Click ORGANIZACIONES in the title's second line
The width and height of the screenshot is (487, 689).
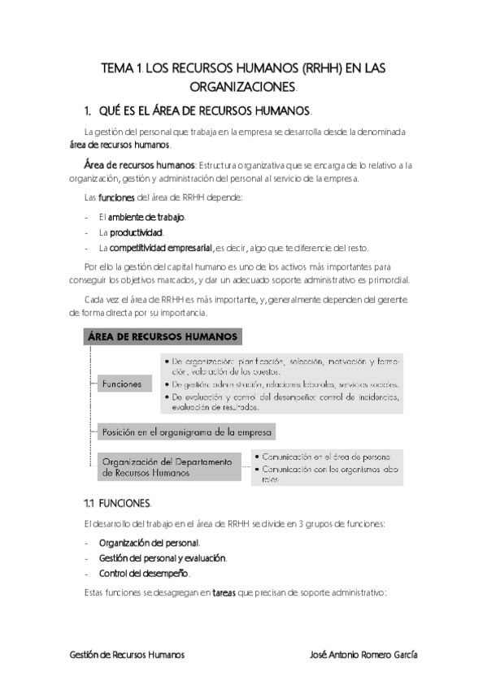pyautogui.click(x=242, y=86)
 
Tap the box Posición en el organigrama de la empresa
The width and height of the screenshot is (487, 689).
pyautogui.click(x=186, y=431)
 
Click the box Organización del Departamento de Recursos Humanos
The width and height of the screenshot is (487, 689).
pyautogui.click(x=167, y=466)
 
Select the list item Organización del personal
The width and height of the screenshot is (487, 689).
pyautogui.click(x=149, y=542)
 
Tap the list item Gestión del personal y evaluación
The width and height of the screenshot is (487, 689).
pyautogui.click(x=163, y=557)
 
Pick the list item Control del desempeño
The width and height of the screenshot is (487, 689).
pyautogui.click(x=144, y=573)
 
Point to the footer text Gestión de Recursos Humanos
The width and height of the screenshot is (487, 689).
pyautogui.click(x=126, y=654)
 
